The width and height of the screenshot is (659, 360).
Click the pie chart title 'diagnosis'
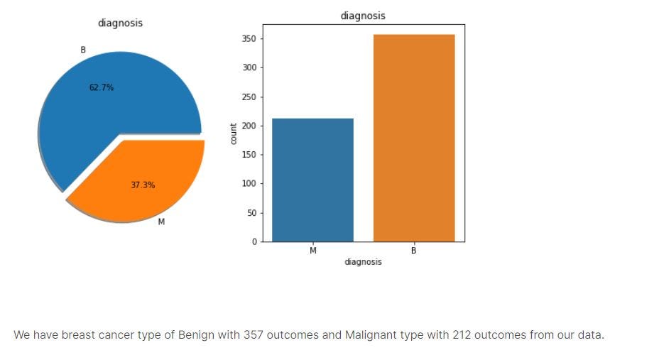tap(120, 23)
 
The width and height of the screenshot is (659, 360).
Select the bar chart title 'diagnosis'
tap(363, 16)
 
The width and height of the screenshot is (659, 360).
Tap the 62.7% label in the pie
tap(101, 87)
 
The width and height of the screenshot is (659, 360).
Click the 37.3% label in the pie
tap(143, 185)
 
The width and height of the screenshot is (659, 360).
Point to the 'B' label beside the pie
tap(83, 50)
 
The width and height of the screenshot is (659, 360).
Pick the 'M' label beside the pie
tap(161, 222)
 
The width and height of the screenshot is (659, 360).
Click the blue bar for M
tap(312, 180)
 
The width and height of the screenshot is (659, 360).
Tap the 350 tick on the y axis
tap(249, 39)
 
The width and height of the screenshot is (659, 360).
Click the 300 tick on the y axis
tap(249, 68)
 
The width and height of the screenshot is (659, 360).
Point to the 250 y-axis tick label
tap(249, 97)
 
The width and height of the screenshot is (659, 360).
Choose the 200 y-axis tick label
tap(249, 126)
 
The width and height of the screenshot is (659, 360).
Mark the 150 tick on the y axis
tap(249, 155)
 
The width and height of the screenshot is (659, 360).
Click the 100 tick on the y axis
tap(249, 184)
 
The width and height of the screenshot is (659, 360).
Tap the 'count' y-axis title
tap(234, 133)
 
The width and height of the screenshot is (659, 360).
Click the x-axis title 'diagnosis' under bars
tap(363, 262)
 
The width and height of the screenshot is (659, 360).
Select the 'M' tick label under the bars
tap(312, 251)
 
